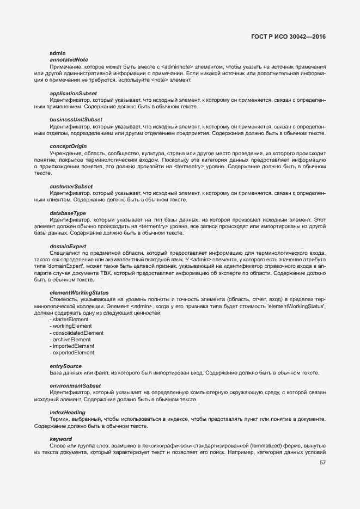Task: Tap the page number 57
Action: coord(322,463)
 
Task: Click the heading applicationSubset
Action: coord(73,93)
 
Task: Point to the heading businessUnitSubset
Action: coord(76,119)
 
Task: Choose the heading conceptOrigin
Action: coord(68,146)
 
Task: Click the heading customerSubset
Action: coord(71,187)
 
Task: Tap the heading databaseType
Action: coord(68,213)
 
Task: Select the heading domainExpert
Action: coord(68,247)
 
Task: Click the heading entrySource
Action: coord(65,366)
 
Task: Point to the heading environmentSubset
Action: coord(75,385)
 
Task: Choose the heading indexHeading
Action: coord(68,413)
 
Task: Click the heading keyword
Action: coord(60,439)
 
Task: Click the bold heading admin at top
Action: coord(57,53)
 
